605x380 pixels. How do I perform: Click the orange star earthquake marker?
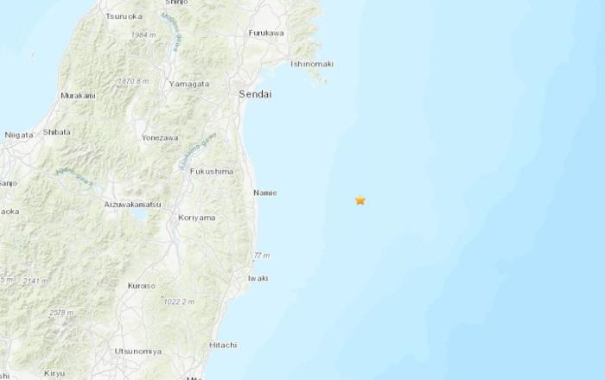360,200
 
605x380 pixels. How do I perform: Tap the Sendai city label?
255,94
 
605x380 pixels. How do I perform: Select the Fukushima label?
213,171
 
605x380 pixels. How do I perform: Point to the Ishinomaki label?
312,64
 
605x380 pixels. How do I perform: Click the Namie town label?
264,193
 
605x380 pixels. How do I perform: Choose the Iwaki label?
258,278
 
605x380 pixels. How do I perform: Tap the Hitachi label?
222,345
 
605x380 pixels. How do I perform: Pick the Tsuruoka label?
124,16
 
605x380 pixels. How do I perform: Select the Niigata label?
19,135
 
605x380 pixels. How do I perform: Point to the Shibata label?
57,132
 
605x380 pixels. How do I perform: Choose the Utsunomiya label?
137,351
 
